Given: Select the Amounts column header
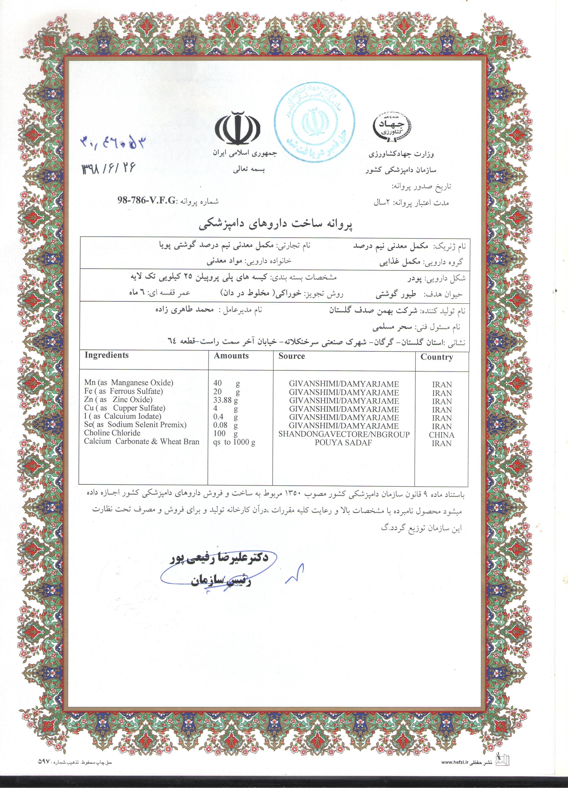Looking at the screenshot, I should (x=231, y=356).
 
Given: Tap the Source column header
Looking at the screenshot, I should (x=291, y=356).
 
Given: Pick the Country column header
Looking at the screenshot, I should (x=437, y=357).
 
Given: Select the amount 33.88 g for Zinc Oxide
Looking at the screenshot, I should (x=226, y=400).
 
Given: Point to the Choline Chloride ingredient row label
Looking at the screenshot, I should (x=112, y=433).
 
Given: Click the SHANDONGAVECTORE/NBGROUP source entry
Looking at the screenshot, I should (x=344, y=434).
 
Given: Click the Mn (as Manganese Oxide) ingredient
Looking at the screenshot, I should (x=129, y=383).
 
